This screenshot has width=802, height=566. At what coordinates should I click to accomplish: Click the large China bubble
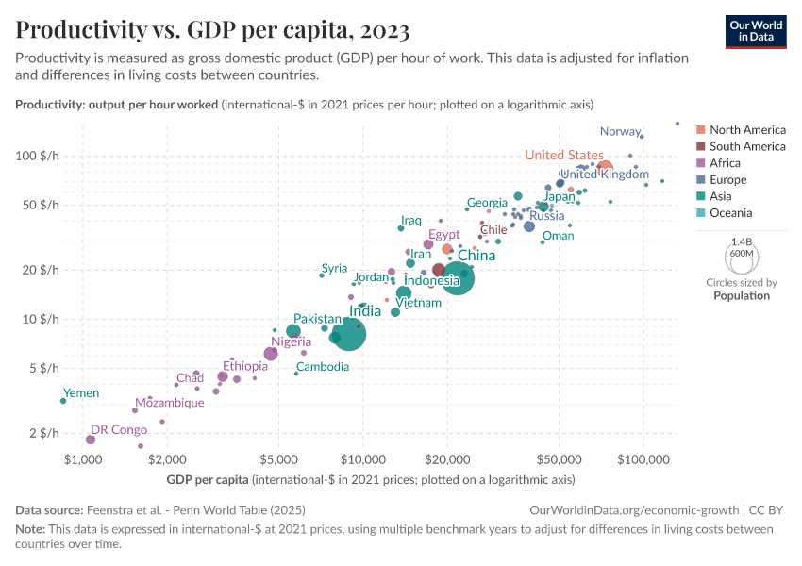coord(457,277)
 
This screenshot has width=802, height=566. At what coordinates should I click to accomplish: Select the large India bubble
coord(349,334)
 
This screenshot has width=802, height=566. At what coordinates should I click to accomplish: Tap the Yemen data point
coord(63,401)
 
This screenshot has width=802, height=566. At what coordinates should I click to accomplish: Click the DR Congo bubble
coord(91,440)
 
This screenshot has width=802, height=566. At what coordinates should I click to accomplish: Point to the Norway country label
coord(620,132)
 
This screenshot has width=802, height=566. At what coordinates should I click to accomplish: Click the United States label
coord(564,155)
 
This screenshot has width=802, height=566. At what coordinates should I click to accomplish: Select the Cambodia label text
coord(323,367)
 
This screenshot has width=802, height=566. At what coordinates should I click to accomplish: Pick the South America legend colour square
coord(701,146)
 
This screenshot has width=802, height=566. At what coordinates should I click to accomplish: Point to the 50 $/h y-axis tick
coord(43,205)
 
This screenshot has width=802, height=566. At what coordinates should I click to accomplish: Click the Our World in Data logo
coord(757,31)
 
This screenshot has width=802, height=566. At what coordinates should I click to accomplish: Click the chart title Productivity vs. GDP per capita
coord(212,31)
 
